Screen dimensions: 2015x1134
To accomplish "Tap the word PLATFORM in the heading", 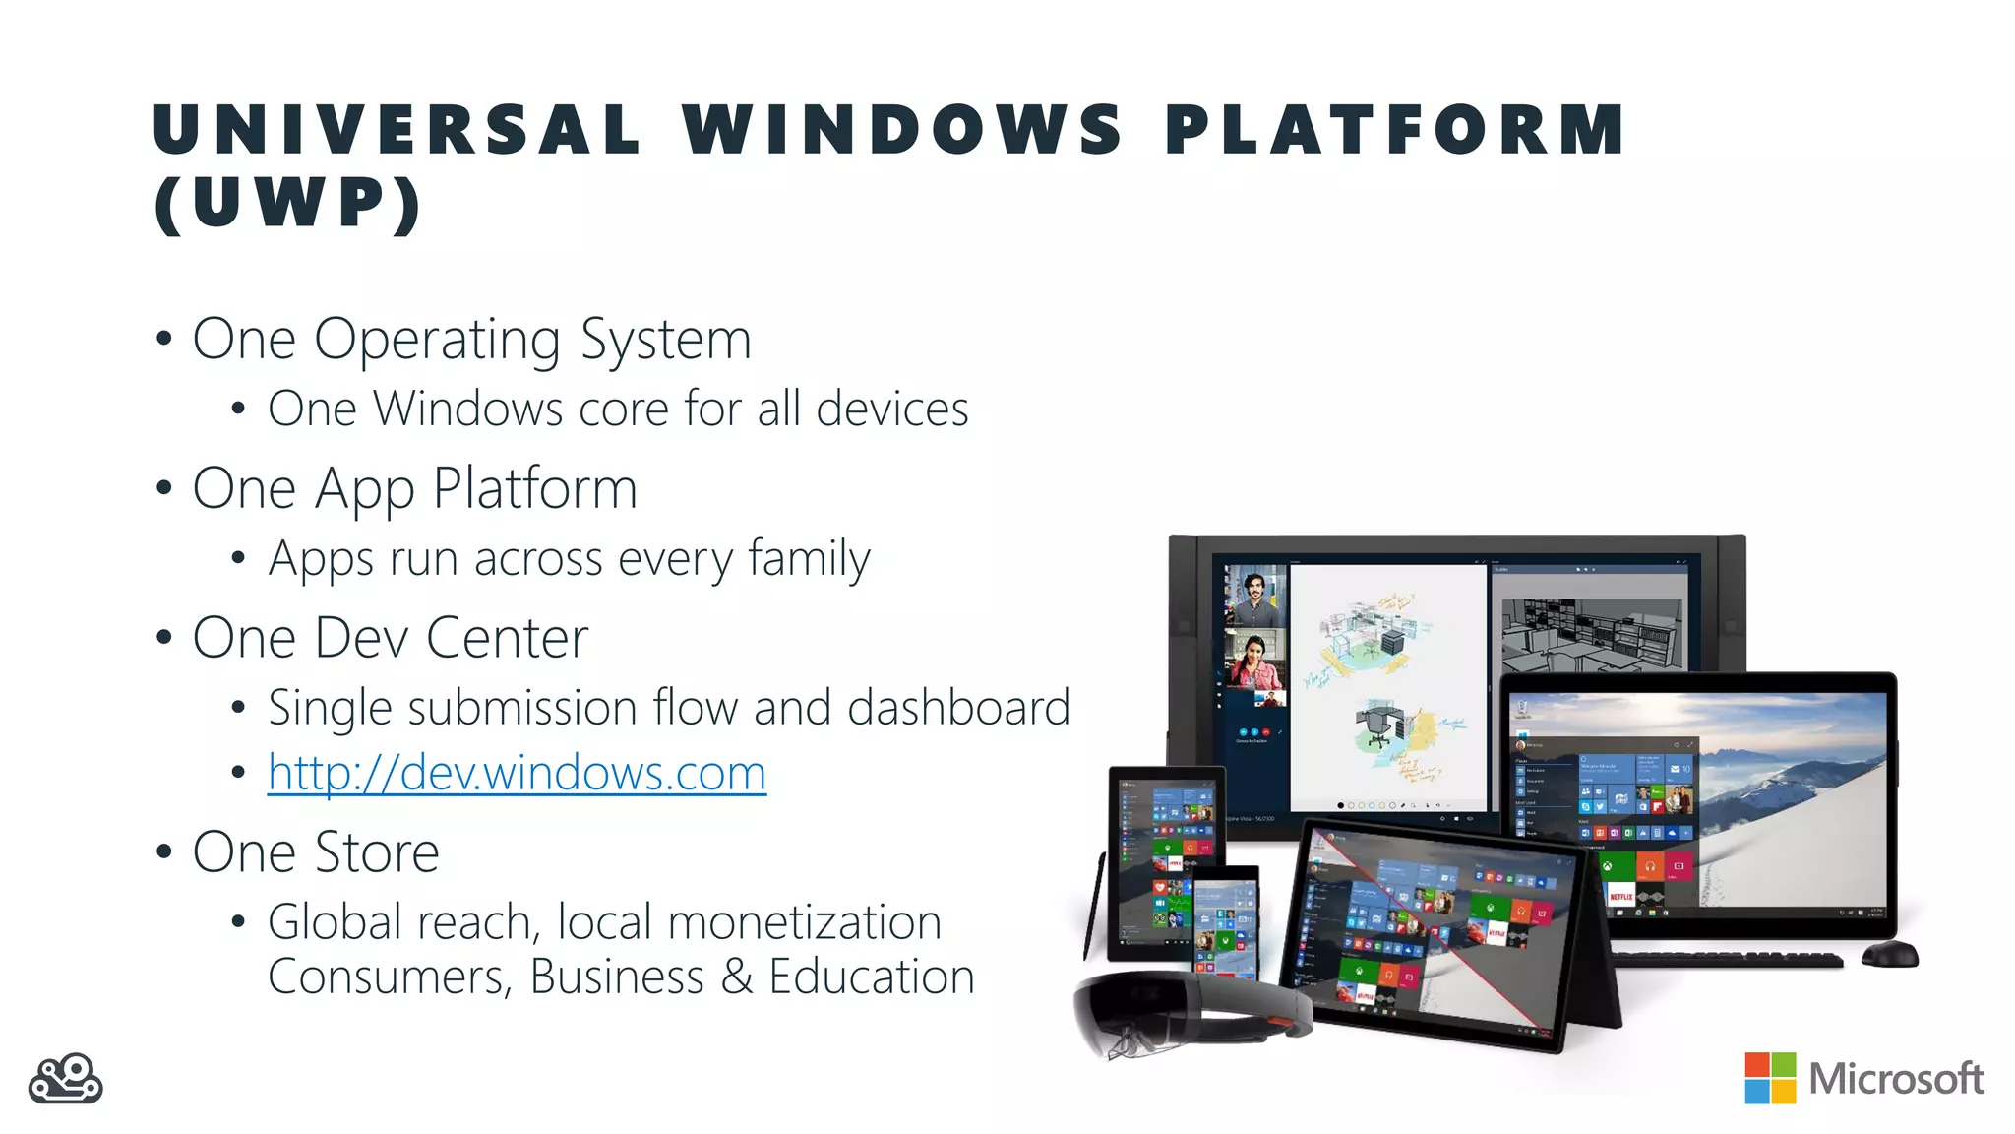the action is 1395,130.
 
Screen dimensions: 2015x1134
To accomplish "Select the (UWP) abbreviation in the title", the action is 288,204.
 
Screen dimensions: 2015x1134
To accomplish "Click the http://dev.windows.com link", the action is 517,773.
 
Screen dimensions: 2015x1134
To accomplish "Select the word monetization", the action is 804,922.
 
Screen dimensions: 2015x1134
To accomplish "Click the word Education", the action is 871,976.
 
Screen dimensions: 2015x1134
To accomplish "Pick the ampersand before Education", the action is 736,976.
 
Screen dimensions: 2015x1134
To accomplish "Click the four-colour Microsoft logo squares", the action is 1770,1078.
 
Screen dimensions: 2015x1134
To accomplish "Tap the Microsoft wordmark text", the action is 1896,1079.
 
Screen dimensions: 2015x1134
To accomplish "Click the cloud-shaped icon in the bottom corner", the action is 65,1080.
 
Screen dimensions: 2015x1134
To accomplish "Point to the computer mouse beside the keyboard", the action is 1890,953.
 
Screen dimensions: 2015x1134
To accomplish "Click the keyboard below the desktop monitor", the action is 1727,959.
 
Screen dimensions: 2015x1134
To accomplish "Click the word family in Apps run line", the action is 809,559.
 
